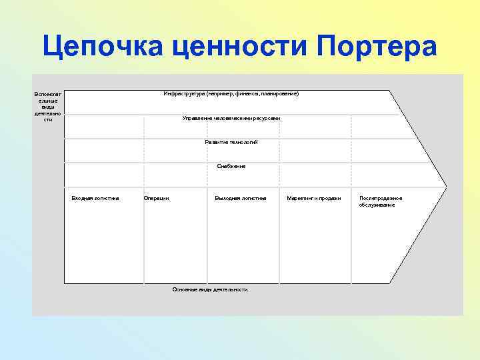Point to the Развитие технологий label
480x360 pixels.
pos(231,142)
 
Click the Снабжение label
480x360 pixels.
pos(231,166)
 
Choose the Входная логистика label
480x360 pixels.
pos(95,198)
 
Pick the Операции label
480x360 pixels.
pos(156,198)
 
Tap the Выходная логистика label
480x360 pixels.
pos(241,198)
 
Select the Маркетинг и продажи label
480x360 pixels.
pos(313,198)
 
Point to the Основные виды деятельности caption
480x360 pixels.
pos(210,289)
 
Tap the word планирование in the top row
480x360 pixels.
pos(279,94)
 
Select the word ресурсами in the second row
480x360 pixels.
pos(266,118)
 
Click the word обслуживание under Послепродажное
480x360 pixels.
pos(377,205)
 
